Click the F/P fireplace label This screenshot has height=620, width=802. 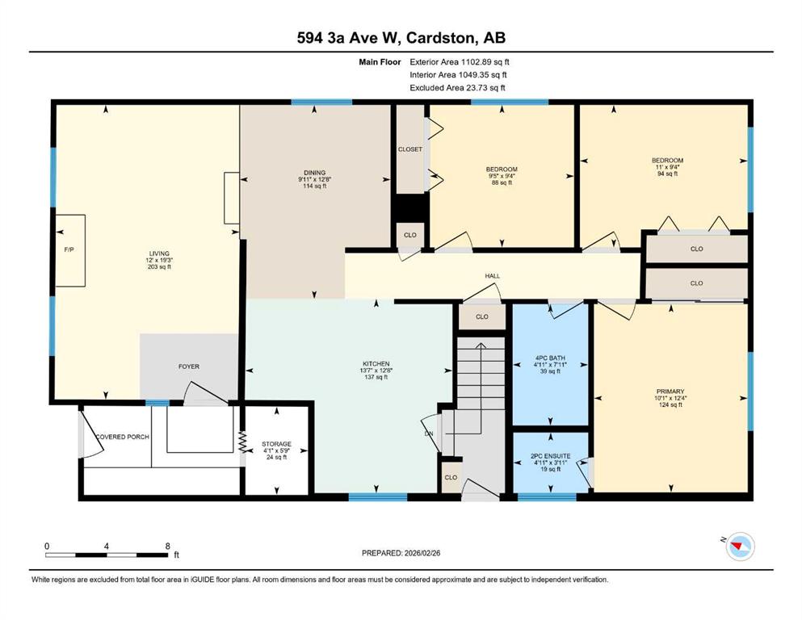tap(69, 249)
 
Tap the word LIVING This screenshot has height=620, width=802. tap(159, 253)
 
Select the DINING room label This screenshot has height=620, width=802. tap(314, 173)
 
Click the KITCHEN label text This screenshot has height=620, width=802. tap(376, 364)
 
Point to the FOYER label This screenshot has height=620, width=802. tap(189, 367)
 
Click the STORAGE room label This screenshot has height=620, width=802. tap(277, 444)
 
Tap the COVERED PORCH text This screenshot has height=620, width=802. tap(123, 437)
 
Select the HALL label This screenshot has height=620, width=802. tap(493, 276)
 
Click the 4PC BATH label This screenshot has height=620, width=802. tap(550, 358)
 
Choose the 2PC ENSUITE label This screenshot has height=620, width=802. tap(550, 456)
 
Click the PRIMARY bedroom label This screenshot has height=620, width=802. tap(671, 392)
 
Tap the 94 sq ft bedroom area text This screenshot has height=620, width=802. tap(667, 174)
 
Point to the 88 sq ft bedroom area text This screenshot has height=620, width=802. tap(502, 182)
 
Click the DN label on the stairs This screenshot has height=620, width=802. tap(429, 434)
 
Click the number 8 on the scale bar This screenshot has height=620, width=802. tap(168, 546)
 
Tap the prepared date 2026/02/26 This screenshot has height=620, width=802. tap(422, 553)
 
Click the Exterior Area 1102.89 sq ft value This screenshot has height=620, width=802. tap(460, 62)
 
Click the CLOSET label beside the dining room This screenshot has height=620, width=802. tap(410, 149)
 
